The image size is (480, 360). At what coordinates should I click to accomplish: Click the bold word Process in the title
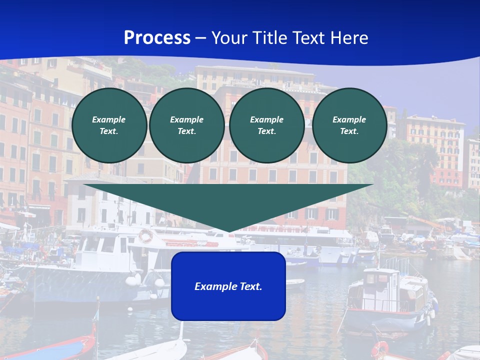pos(157,38)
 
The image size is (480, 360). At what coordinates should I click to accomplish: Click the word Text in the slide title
pos(309,38)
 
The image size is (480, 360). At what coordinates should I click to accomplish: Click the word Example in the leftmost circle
pos(109,119)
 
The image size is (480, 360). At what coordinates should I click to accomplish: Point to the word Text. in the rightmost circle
pos(349,131)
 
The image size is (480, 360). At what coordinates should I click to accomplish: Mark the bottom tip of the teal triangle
pos(228,231)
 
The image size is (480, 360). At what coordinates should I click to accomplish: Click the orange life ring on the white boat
pos(145,235)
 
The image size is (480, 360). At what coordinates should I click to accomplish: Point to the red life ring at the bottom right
pos(380,349)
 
